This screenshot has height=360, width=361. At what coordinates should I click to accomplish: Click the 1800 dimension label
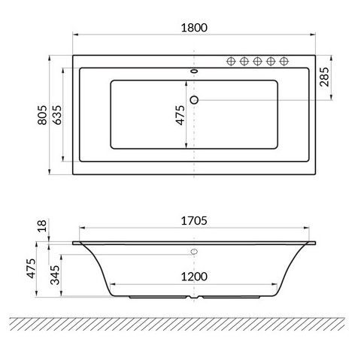click(x=194, y=28)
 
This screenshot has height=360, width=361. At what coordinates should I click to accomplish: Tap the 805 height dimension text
click(x=42, y=115)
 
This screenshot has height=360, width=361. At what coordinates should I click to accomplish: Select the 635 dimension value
click(x=57, y=115)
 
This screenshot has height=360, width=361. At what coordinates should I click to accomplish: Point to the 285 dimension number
click(x=324, y=77)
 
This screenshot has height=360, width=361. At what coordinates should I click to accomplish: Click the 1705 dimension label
click(x=194, y=221)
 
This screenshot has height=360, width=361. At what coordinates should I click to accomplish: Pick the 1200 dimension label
click(x=194, y=277)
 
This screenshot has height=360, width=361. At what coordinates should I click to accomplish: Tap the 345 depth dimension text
click(x=55, y=275)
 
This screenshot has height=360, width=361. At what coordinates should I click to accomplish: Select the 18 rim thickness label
click(x=42, y=225)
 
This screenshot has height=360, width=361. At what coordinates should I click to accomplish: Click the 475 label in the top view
click(x=180, y=115)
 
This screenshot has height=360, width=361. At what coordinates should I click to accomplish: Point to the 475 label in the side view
click(x=31, y=268)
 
